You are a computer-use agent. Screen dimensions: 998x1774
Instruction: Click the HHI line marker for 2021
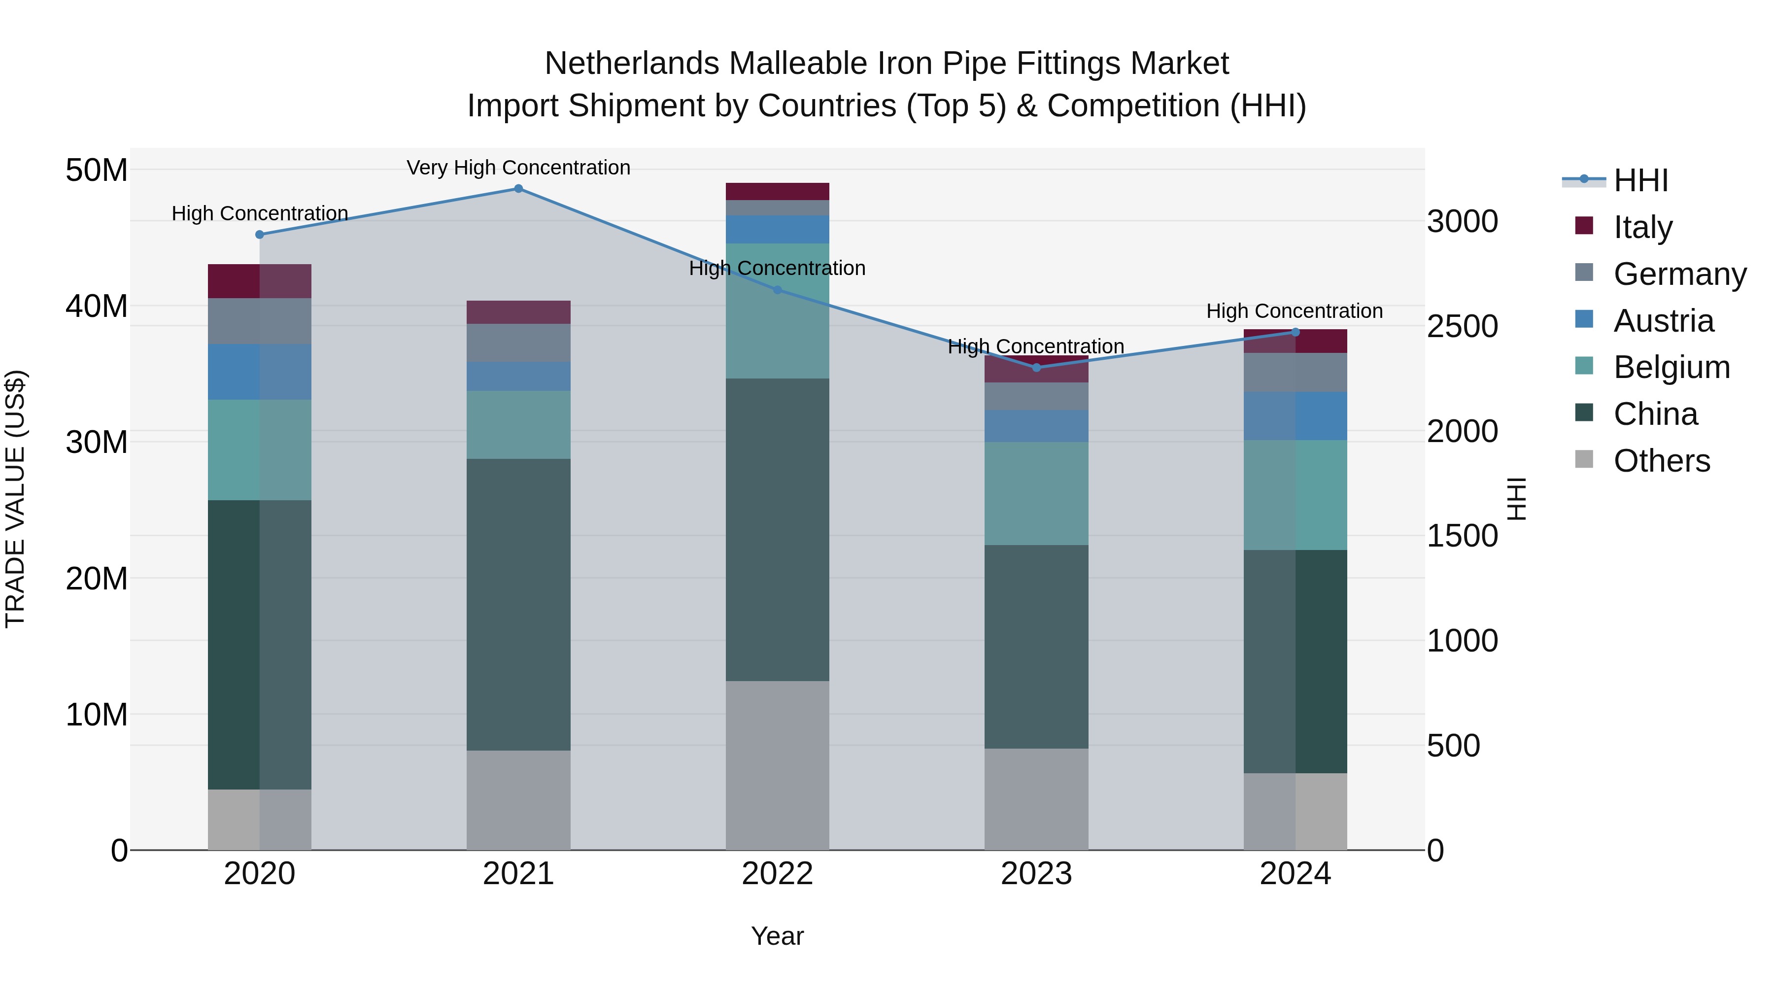(x=518, y=189)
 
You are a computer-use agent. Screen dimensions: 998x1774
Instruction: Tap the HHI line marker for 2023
(x=1036, y=368)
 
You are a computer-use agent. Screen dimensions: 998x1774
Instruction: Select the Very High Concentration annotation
(x=518, y=168)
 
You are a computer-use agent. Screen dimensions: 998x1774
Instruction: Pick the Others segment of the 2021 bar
(x=518, y=800)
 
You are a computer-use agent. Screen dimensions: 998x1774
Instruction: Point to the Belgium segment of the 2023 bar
(x=1036, y=493)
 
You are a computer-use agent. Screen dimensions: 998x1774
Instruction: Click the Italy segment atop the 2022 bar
(x=778, y=192)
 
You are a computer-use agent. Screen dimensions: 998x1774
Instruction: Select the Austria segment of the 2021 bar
(x=518, y=376)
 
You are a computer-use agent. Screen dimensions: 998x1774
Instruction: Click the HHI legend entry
(x=1640, y=180)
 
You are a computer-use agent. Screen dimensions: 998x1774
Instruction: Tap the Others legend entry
(x=1661, y=461)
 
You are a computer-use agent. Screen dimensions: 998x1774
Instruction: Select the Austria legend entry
(x=1663, y=321)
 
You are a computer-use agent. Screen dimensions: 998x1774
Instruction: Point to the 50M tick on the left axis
(x=97, y=170)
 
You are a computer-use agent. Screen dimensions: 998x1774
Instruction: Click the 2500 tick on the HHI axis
(x=1462, y=326)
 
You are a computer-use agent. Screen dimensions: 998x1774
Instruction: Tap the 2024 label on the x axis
(x=1295, y=874)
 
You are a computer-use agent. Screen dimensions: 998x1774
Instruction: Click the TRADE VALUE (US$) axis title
(x=15, y=499)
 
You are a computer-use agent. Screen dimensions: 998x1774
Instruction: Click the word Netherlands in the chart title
(x=632, y=64)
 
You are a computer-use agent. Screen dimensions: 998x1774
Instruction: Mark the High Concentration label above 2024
(x=1294, y=311)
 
